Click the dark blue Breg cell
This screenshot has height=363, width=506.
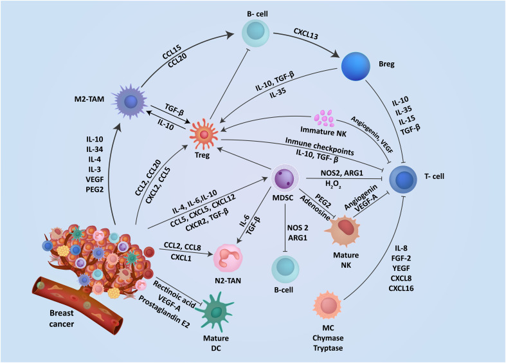tap(356, 66)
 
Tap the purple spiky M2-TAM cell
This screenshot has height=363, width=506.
tap(130, 102)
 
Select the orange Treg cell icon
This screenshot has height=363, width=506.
tap(204, 134)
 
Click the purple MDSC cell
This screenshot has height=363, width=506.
tap(285, 178)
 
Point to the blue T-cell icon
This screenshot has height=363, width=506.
tap(403, 179)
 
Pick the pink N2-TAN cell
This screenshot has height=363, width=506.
tap(228, 258)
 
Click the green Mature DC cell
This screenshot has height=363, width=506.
tap(215, 312)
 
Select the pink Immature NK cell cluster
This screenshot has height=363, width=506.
tap(323, 118)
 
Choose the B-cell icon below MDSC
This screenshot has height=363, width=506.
tap(285, 269)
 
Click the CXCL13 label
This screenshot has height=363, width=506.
tap(306, 33)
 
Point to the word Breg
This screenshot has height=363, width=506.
tap(386, 64)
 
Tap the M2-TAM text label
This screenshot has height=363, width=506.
tap(89, 99)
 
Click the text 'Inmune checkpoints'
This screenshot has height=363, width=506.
tap(320, 146)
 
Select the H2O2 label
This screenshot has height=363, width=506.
tap(333, 185)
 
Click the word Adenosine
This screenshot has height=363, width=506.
tap(315, 208)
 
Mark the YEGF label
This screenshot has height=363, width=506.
tap(401, 268)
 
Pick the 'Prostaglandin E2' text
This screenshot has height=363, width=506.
tap(164, 312)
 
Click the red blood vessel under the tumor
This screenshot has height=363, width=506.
tap(77, 305)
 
